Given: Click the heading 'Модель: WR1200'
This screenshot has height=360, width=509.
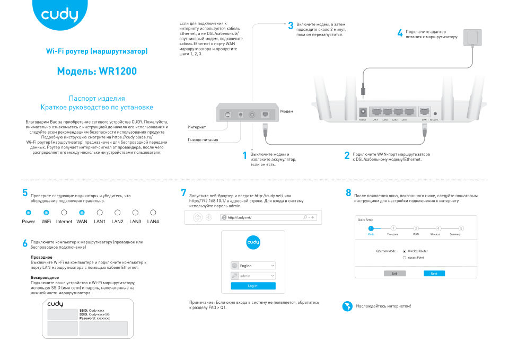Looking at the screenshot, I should (x=96, y=71).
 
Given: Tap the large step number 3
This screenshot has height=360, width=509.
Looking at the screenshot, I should (x=291, y=26).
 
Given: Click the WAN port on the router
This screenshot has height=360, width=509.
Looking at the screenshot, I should (x=424, y=112).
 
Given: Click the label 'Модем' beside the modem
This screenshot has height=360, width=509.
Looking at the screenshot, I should (x=286, y=111).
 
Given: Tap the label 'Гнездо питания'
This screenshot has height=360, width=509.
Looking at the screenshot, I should (x=203, y=140).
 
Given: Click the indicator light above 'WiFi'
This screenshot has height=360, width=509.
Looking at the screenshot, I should (x=46, y=212).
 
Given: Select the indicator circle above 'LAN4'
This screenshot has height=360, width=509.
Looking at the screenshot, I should (x=153, y=212).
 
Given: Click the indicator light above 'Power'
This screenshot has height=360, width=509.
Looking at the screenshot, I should (x=29, y=212).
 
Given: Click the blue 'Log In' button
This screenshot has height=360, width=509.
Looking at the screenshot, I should (x=253, y=286).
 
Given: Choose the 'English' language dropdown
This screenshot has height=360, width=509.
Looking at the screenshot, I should (x=253, y=266).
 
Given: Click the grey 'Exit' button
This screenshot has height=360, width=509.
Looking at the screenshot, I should (x=394, y=273).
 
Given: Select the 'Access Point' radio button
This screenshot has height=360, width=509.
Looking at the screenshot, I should (x=405, y=258).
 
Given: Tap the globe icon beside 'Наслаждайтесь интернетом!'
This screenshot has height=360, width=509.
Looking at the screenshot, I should (x=348, y=306).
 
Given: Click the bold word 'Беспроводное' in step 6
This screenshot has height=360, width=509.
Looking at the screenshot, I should (x=45, y=277).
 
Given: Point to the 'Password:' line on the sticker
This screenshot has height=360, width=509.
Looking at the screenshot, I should (x=94, y=318).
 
